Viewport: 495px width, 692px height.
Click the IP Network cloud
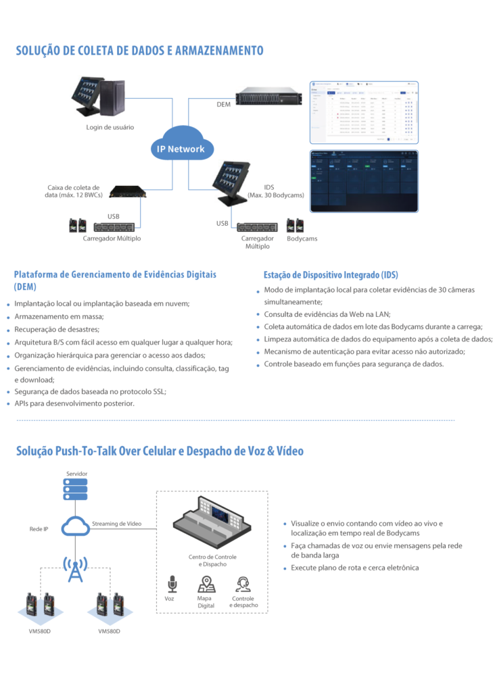[x=176, y=148]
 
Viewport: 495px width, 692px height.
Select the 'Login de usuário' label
[x=110, y=127]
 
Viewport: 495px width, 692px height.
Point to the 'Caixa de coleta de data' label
[x=73, y=191]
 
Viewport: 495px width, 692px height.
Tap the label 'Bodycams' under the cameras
[x=302, y=239]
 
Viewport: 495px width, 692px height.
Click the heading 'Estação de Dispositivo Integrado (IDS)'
[x=331, y=275]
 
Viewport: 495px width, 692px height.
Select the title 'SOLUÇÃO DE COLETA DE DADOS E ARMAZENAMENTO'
[x=139, y=51]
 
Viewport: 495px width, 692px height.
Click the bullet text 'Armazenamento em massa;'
[x=59, y=316]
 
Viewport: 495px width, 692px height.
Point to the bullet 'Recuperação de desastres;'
[x=57, y=329]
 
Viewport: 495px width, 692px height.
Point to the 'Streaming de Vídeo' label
[x=116, y=523]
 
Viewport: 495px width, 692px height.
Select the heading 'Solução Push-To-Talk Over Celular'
[x=160, y=451]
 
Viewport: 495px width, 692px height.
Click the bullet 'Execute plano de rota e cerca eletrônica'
[x=354, y=568]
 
